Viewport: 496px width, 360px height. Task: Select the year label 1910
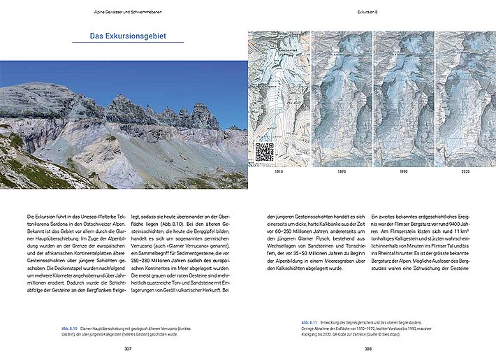(279, 171)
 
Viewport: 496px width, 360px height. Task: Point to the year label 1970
(342, 171)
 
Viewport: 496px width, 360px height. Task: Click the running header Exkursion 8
(368, 11)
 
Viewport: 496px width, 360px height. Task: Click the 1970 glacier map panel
(342, 97)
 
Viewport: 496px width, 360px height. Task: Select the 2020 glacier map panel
(465, 97)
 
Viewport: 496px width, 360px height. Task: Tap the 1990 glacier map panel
(404, 97)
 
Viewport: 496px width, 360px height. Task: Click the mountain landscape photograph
(124, 124)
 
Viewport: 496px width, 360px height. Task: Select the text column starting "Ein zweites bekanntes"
(429, 245)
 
